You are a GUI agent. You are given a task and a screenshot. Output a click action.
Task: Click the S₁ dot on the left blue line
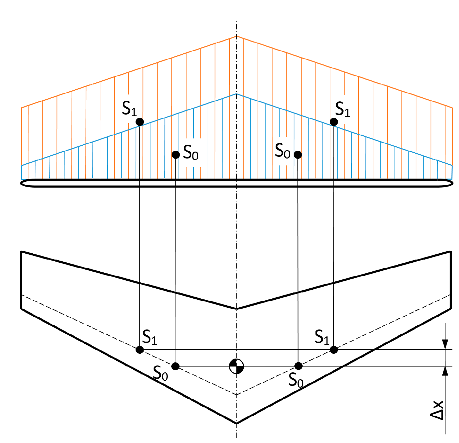[140, 122]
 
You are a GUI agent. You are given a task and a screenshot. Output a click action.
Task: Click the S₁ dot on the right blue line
[334, 122]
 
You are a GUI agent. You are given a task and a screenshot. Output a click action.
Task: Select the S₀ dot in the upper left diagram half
[175, 155]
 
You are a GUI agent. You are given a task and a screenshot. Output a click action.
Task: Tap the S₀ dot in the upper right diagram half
[298, 155]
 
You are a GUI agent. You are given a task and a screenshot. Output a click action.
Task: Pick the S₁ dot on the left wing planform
[140, 350]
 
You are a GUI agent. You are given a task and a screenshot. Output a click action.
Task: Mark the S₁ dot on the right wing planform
[334, 350]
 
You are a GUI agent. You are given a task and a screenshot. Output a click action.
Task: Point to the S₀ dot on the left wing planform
[175, 366]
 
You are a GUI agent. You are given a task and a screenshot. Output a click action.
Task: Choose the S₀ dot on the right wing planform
[298, 366]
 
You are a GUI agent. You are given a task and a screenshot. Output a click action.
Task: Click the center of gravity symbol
[236, 366]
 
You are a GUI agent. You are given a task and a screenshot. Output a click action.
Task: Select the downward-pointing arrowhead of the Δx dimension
[445, 344]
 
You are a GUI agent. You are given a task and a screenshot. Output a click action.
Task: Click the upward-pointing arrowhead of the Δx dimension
[445, 371]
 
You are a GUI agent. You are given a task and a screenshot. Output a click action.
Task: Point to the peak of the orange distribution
[236, 36]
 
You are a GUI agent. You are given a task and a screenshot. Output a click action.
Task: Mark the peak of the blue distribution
[236, 94]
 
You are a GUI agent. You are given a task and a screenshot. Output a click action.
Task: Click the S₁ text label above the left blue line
[129, 109]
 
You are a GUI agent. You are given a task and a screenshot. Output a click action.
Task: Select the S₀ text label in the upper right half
[282, 151]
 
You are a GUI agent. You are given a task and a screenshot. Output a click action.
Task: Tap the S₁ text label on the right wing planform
[322, 337]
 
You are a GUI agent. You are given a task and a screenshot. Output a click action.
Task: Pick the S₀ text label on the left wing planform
[161, 373]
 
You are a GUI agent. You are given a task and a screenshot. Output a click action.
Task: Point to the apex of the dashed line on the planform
[236, 394]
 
